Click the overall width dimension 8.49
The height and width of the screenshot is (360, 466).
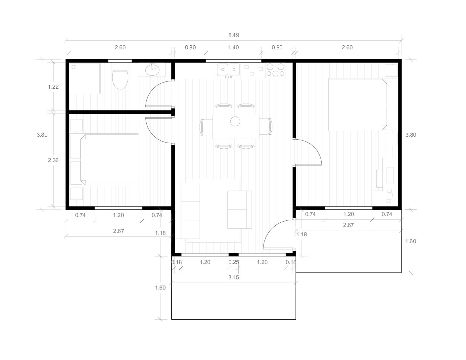tap(234, 35)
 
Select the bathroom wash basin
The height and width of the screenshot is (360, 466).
tap(152, 69)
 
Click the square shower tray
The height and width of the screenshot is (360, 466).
tap(85, 78)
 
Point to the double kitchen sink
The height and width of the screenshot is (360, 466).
tap(228, 70)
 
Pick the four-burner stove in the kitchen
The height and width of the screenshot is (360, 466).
tap(275, 70)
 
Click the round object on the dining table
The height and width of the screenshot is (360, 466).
tap(235, 121)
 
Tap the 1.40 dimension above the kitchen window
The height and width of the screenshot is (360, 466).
tap(234, 47)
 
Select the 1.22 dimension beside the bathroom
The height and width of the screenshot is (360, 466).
tap(53, 87)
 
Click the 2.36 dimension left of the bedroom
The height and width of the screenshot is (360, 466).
tap(53, 160)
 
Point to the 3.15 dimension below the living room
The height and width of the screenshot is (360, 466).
tap(234, 278)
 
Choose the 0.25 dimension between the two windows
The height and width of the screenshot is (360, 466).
tap(234, 262)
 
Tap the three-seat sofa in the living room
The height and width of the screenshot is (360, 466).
tap(188, 210)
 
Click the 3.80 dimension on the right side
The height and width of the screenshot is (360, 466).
tap(411, 135)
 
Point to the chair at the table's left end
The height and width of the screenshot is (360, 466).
tap(206, 127)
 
